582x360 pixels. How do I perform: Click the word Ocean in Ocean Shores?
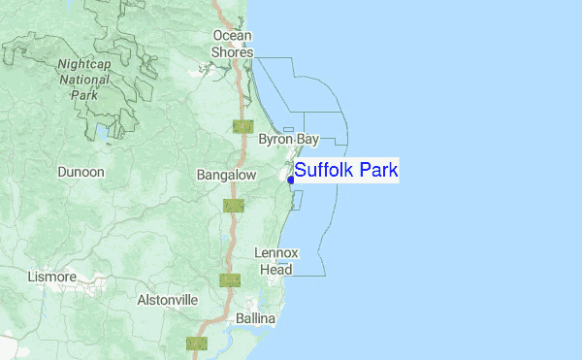point(233,36)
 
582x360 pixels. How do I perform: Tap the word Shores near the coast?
point(233,52)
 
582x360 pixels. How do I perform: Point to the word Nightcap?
point(83,65)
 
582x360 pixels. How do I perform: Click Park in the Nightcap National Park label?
point(83,96)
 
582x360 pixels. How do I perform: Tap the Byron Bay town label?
point(288,140)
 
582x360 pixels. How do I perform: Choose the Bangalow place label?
point(225,175)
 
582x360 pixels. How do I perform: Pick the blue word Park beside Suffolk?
point(378,171)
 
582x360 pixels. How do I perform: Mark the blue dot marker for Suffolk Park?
point(291,179)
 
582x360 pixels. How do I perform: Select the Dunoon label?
point(81,172)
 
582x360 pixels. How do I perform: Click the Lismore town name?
point(51,277)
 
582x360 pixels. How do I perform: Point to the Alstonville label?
point(167,300)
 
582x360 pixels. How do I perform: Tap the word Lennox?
point(276,252)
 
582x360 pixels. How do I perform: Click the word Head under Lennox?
point(275,269)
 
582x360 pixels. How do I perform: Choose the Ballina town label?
point(255,318)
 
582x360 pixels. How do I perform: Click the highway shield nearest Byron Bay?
point(242,126)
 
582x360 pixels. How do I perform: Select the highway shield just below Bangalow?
point(233,205)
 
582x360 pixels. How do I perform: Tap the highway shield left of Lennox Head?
point(230,280)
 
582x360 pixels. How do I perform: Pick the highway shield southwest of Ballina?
point(196,343)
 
